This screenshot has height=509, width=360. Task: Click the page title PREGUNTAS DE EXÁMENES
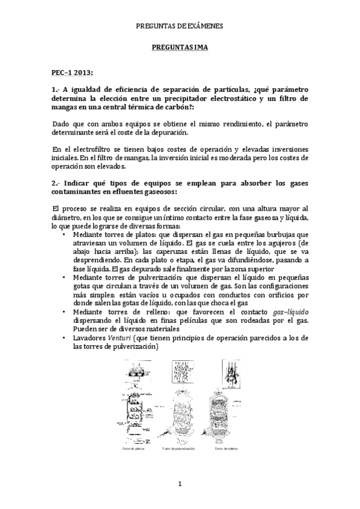pos(180,26)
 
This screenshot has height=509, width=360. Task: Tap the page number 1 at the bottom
pos(179,483)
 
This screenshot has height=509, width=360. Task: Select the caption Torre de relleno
pos(231,448)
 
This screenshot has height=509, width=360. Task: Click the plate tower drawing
pos(134,402)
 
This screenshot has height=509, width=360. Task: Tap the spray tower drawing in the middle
pos(182,402)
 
